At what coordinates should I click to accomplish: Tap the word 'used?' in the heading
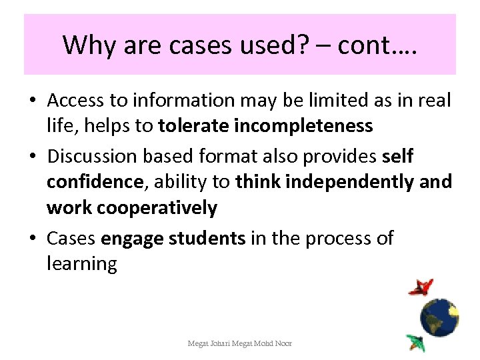click(262, 45)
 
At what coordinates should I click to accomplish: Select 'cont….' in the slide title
click(377, 45)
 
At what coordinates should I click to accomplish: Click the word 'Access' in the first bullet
click(76, 101)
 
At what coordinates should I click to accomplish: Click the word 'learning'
click(82, 264)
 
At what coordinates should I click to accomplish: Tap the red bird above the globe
click(421, 287)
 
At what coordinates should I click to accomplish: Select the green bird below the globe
click(415, 342)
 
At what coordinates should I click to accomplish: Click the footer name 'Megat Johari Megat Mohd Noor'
click(239, 343)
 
